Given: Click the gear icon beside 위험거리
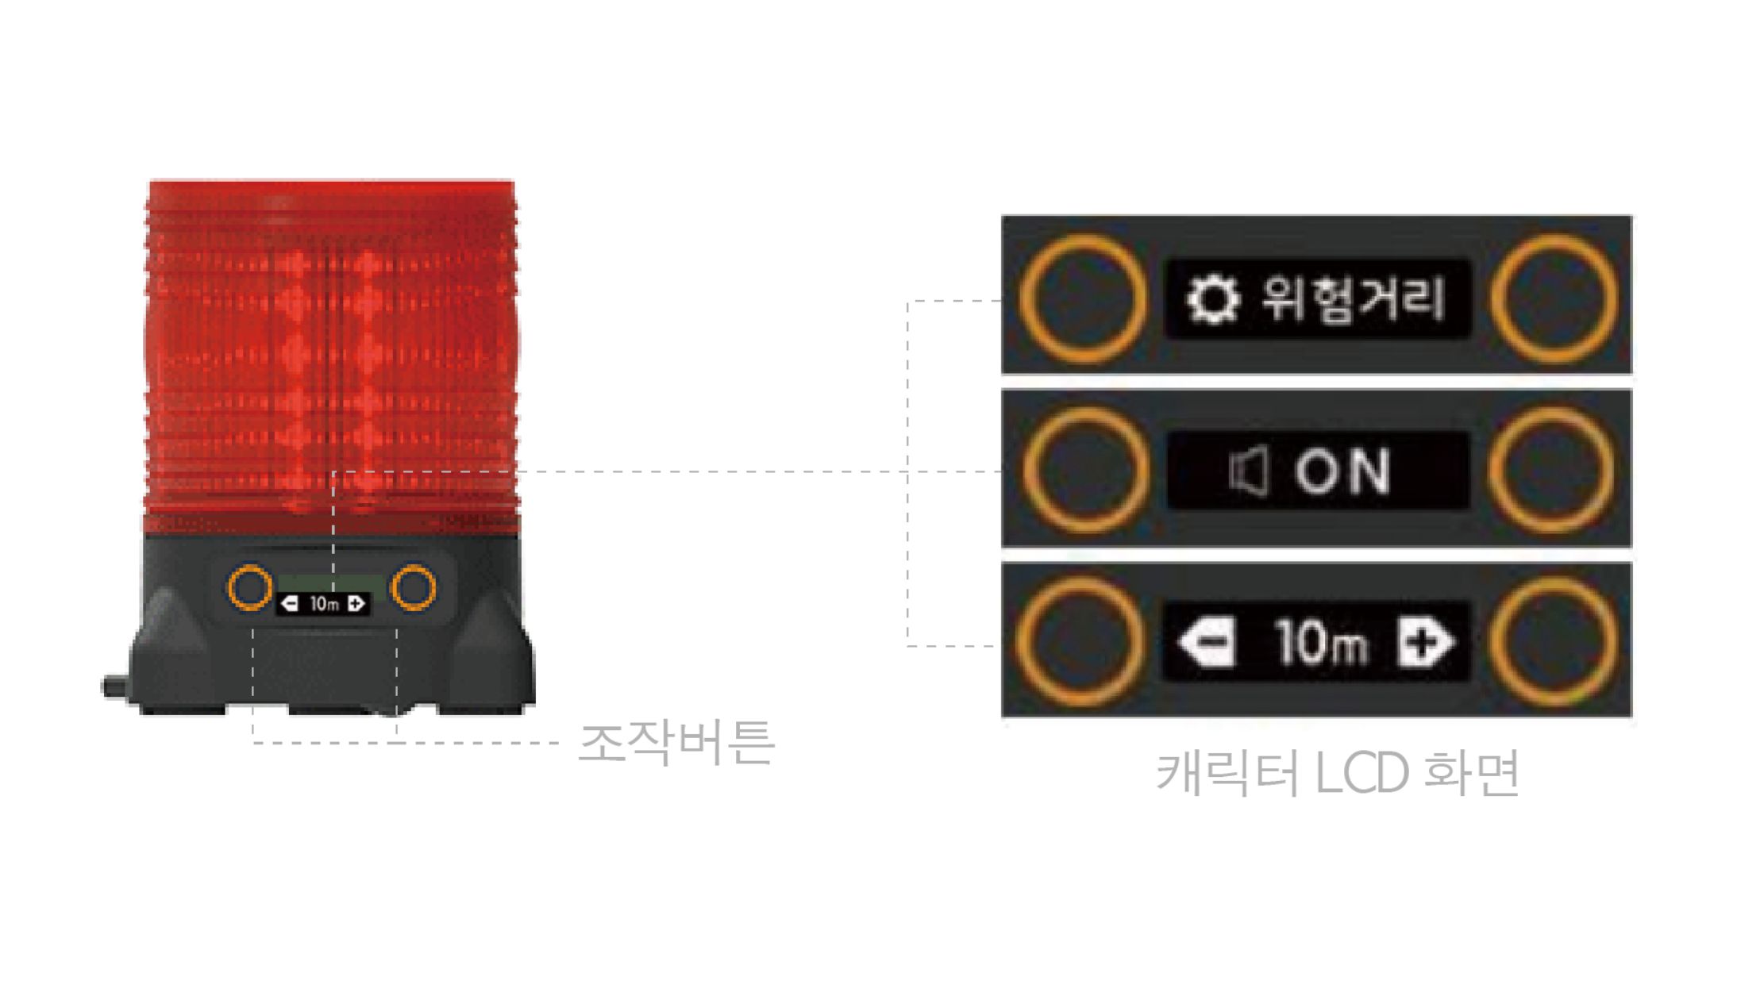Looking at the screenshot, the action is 1212,299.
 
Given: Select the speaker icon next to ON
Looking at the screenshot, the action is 1249,471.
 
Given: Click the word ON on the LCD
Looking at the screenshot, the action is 1342,471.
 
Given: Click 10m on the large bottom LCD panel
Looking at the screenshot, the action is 1322,642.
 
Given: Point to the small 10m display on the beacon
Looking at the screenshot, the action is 324,604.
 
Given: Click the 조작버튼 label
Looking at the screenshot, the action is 676,742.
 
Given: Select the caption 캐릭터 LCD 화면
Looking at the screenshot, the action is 1338,771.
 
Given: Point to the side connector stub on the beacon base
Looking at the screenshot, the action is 116,686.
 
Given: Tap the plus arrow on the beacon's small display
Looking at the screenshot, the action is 356,604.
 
